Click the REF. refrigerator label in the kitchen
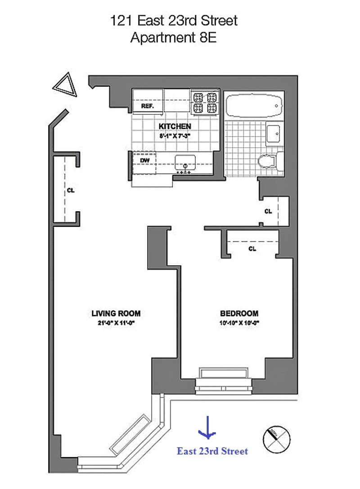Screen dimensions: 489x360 point(147,107)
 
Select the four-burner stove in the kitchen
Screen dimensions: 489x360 point(204,102)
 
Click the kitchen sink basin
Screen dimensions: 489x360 point(184,161)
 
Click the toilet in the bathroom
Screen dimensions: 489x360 point(269,161)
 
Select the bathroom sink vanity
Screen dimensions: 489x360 point(274,133)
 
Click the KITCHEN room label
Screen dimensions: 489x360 point(175,127)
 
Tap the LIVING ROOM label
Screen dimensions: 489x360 point(116,313)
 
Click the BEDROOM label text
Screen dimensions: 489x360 point(239,313)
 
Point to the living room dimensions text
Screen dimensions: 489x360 point(116,322)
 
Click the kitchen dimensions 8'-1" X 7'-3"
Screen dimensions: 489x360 point(175,135)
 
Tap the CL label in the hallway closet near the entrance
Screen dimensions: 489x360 point(71,190)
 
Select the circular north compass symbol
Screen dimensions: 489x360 point(276,439)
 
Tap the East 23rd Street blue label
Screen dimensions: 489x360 point(212,451)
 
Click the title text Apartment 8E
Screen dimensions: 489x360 point(173,37)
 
